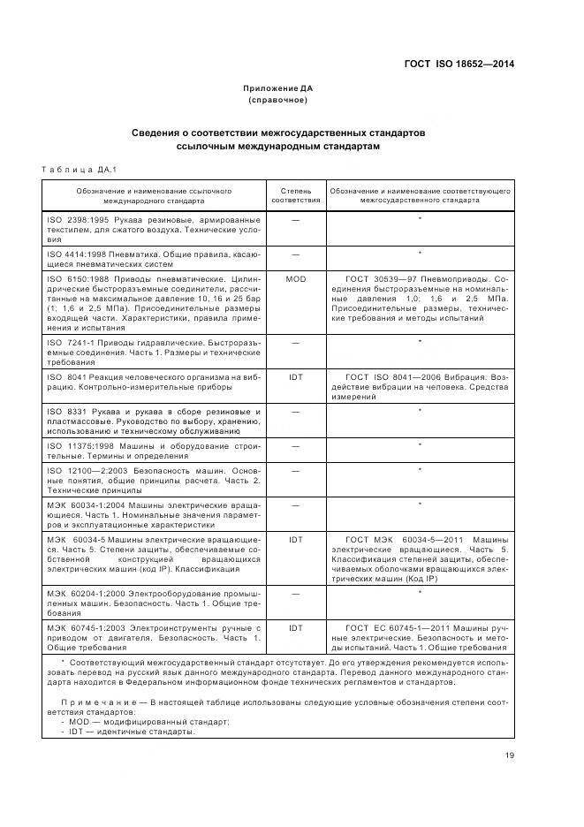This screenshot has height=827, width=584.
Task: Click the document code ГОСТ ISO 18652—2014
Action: click(x=459, y=64)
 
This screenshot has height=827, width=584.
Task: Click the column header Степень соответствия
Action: click(x=295, y=195)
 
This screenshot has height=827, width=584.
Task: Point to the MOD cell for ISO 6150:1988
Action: click(x=295, y=279)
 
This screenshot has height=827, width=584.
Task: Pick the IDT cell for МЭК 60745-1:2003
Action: click(x=295, y=628)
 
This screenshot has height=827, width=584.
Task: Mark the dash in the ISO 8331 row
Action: click(x=295, y=411)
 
